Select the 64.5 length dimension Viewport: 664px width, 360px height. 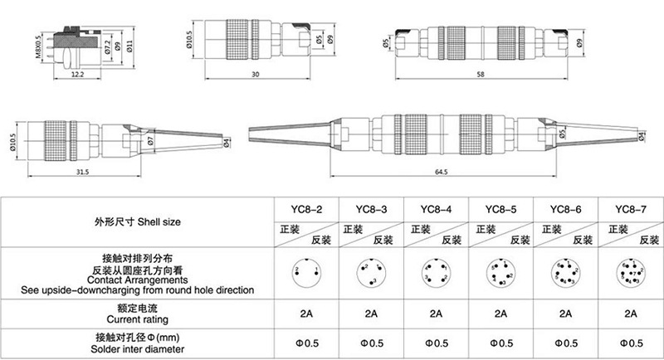click(x=439, y=172)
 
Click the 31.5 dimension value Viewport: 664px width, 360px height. click(x=81, y=172)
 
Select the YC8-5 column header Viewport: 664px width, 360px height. click(x=500, y=209)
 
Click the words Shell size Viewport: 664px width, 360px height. click(x=156, y=223)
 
